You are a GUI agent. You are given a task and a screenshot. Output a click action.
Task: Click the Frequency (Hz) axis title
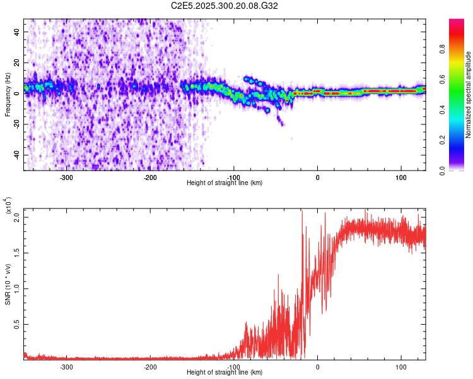(8, 95)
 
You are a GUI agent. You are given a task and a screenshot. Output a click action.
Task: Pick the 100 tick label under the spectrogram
(400, 177)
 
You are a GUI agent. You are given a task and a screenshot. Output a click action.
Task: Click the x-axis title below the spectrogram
(225, 183)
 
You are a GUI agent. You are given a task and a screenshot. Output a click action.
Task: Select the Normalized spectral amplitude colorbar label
(468, 95)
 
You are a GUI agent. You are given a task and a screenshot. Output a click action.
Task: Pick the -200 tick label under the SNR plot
(150, 367)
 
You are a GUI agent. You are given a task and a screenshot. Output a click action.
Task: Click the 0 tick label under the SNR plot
(317, 367)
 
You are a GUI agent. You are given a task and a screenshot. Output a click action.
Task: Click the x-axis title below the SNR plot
(225, 373)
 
